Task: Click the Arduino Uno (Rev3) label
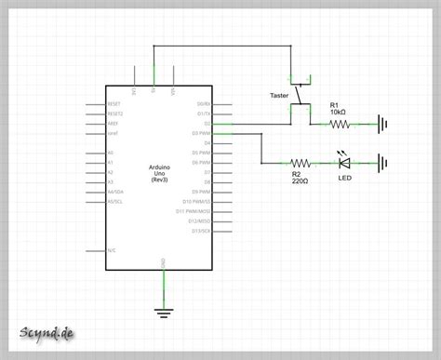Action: pos(164,174)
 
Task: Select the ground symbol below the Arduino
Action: pos(164,311)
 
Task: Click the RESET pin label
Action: pos(114,104)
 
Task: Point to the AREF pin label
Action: pos(113,124)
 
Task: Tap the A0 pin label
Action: pos(110,153)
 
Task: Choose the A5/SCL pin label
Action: pos(115,202)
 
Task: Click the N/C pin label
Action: pos(111,249)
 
